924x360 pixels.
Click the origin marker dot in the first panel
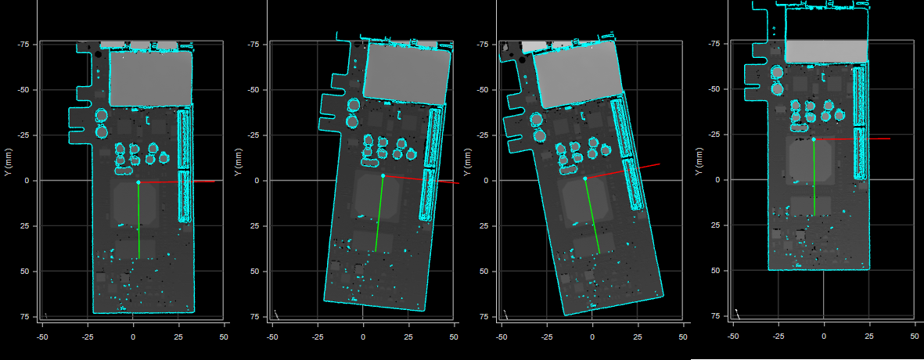[x=138, y=182]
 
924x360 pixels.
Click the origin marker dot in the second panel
[x=383, y=175]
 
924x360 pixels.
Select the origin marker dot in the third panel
[x=584, y=178]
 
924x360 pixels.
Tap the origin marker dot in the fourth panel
[x=814, y=139]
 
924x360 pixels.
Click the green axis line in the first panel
[x=139, y=221]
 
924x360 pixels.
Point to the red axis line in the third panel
[x=622, y=171]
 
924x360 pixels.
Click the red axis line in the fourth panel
[x=852, y=139]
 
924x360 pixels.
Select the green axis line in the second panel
[x=379, y=214]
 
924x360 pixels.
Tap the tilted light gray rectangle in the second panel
[x=406, y=74]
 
